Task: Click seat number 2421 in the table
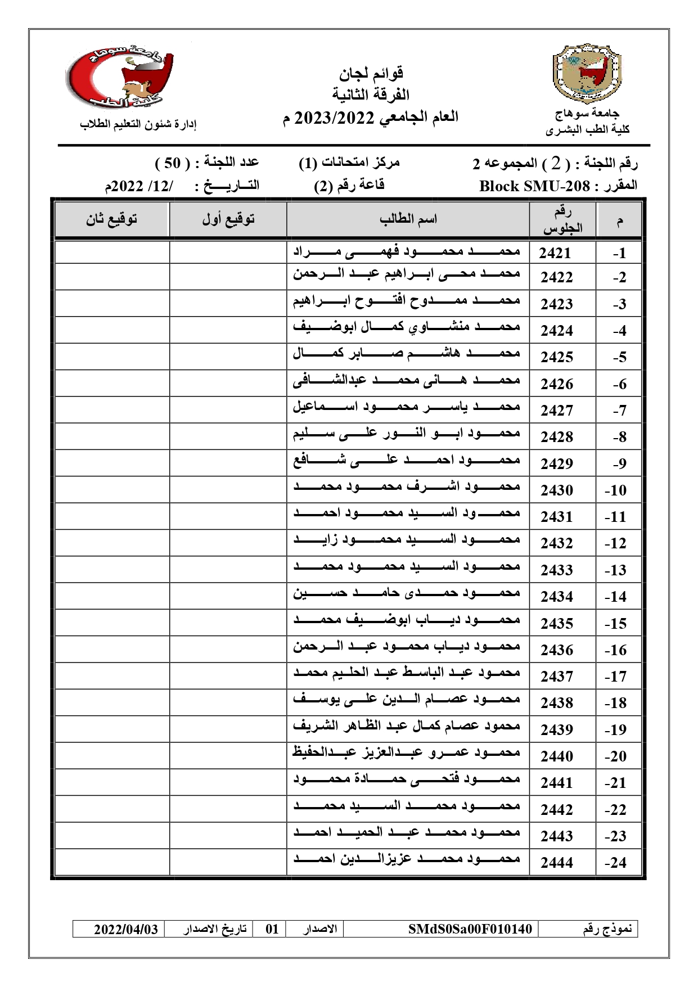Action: coord(555,253)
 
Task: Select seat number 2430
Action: coord(557,490)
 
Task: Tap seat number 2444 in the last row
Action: coord(557,862)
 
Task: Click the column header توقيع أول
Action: coord(228,219)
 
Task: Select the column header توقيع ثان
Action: coord(111,219)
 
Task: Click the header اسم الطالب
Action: coord(408,219)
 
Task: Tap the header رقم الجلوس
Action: coord(562,220)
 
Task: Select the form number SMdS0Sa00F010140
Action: coord(470,929)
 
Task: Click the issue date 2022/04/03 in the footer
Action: coord(126,929)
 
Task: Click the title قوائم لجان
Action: coord(371,73)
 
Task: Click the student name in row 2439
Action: coord(407,726)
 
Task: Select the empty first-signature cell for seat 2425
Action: coord(228,357)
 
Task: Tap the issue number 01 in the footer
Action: coord(272,929)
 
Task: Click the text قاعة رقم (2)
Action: coord(349,186)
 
